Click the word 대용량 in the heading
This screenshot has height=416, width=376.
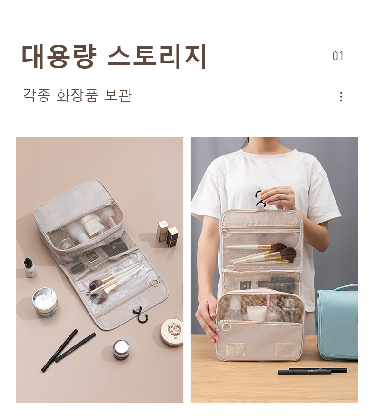tap(59, 57)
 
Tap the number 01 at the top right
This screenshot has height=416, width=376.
tap(338, 56)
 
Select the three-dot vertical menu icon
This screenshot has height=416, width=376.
tap(341, 97)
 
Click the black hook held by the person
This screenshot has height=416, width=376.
tap(260, 198)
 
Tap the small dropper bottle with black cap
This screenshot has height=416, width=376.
tap(30, 267)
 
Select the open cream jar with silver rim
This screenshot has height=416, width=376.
tap(45, 303)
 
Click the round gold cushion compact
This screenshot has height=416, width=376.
tap(172, 332)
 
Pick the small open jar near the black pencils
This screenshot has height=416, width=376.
tap(121, 349)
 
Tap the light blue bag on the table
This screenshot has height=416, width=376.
tap(337, 322)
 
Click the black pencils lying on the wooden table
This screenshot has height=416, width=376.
tap(313, 371)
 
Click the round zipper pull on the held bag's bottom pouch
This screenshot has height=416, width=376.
tap(226, 325)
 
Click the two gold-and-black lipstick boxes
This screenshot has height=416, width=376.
tap(167, 233)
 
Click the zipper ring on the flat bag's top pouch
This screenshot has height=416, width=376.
tap(111, 202)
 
